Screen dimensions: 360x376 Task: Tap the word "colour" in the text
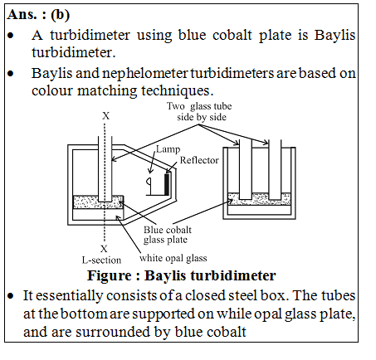point(56,90)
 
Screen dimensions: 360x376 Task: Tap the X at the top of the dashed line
point(105,117)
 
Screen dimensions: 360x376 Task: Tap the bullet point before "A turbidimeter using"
point(10,36)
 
